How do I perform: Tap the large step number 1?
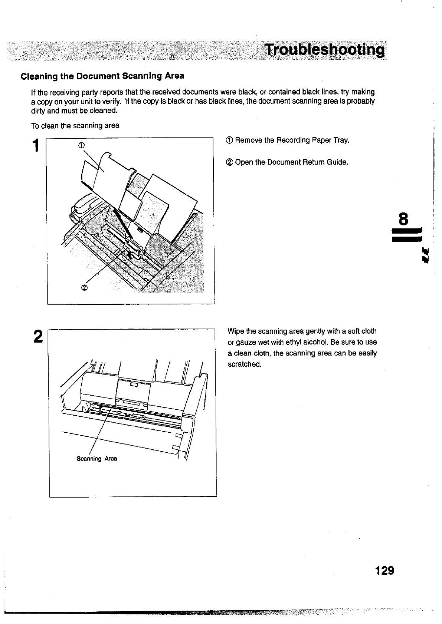pos(36,145)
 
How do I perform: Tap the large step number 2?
pos(38,337)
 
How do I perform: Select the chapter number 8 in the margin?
pos(403,219)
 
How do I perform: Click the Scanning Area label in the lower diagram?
pos(97,459)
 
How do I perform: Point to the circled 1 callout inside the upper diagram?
pos(82,145)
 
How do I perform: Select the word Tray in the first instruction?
pos(341,141)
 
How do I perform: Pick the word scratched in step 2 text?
pos(245,364)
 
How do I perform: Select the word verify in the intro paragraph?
pos(111,101)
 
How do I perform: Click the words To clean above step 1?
pos(45,126)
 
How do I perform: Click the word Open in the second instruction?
pos(244,162)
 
